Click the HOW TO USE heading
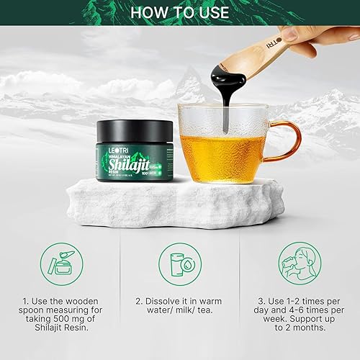[x=180, y=12]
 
